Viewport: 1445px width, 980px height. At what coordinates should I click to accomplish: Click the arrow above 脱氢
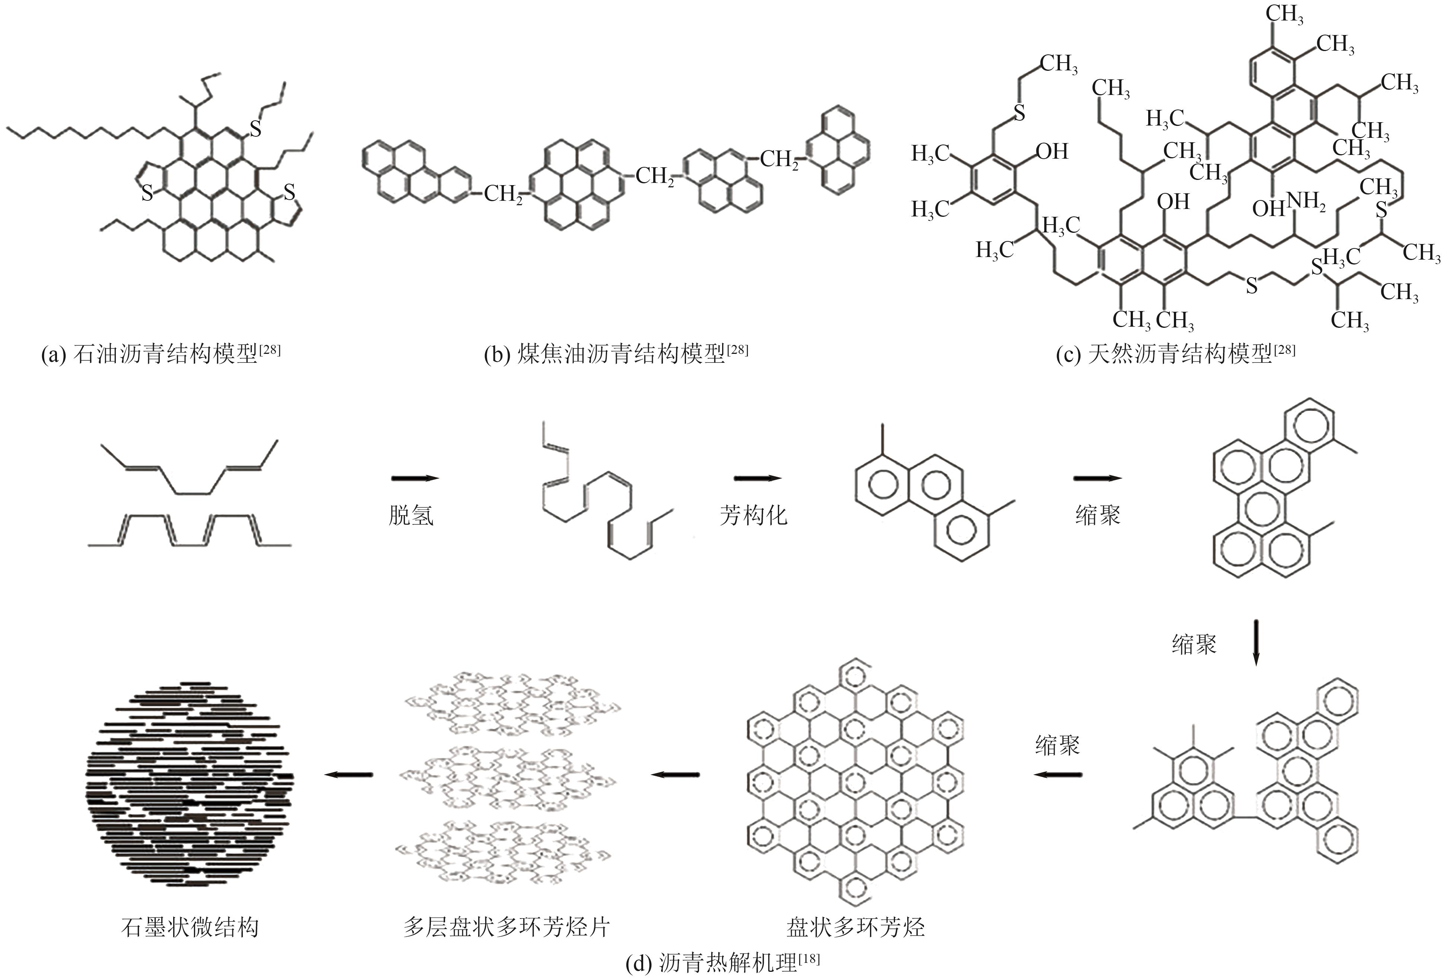415,478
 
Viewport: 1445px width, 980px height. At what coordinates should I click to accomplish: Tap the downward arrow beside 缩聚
1255,642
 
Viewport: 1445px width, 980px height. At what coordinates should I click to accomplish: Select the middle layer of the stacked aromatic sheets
507,778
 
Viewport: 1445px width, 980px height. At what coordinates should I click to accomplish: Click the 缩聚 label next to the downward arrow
1194,644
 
